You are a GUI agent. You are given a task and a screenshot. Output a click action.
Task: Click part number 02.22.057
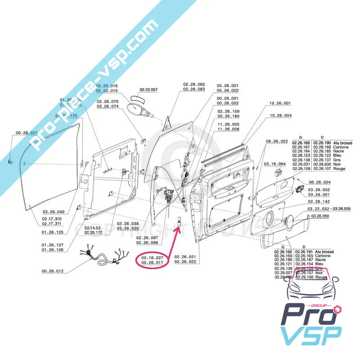pos(148,90)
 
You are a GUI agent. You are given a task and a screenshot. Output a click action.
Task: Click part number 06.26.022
pos(277,141)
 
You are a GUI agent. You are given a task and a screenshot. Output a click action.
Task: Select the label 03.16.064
pos(275,164)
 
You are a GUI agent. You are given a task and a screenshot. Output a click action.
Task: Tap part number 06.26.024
pos(319,182)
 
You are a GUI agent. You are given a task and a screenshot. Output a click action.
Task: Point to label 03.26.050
pos(319,216)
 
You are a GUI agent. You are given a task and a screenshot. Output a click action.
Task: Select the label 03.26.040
pos(54,212)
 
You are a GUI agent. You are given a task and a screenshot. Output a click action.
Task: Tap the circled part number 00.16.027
pos(152,256)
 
